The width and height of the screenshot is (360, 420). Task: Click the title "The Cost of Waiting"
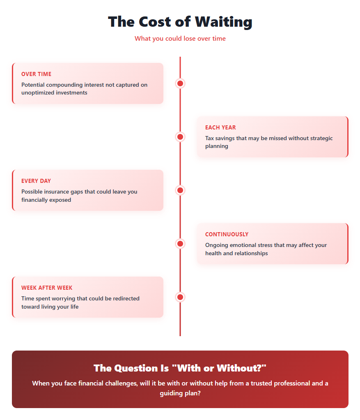click(x=180, y=22)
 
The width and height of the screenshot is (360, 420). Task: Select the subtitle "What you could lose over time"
click(x=180, y=39)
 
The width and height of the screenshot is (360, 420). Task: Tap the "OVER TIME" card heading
click(x=36, y=74)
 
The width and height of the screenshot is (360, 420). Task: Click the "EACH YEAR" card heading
click(x=220, y=128)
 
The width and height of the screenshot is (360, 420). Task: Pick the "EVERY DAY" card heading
click(x=36, y=181)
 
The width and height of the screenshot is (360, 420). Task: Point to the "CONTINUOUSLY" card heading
click(x=227, y=235)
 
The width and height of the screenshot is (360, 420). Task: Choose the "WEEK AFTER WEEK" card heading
click(x=47, y=288)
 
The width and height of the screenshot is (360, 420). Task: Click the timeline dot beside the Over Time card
click(x=180, y=83)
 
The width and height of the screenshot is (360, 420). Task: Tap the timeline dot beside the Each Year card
click(x=180, y=137)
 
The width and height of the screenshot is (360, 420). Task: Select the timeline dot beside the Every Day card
click(x=180, y=190)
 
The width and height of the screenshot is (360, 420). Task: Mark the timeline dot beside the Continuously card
click(x=180, y=244)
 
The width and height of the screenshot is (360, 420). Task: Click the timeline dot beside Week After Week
click(x=180, y=297)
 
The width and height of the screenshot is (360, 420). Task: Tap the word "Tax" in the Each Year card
click(x=210, y=138)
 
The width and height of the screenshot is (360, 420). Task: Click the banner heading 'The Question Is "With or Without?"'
click(x=180, y=368)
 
